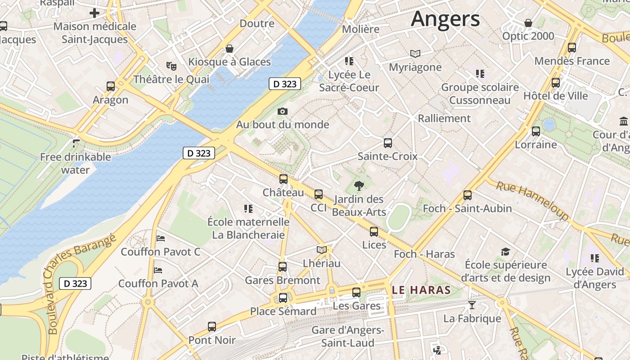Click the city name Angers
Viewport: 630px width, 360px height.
445,19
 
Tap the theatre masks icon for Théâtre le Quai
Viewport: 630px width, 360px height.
171,66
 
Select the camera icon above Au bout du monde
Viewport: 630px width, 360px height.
283,111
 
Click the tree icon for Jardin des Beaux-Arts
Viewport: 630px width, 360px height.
359,185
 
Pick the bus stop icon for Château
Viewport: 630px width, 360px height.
283,179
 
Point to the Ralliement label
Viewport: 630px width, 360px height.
444,118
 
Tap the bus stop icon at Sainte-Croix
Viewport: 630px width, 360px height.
388,143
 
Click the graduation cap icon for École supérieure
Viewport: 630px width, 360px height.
506,252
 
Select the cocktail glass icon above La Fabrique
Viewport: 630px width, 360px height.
472,305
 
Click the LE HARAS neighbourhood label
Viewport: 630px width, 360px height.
421,290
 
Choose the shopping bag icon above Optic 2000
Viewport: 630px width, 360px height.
528,23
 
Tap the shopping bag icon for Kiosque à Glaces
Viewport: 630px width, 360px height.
229,49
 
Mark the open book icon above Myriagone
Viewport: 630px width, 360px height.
415,54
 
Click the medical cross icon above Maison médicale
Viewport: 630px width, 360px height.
94,13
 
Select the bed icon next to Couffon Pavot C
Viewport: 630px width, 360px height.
161,238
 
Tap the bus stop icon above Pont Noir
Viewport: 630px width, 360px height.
212,327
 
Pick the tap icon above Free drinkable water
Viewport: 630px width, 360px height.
76,144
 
